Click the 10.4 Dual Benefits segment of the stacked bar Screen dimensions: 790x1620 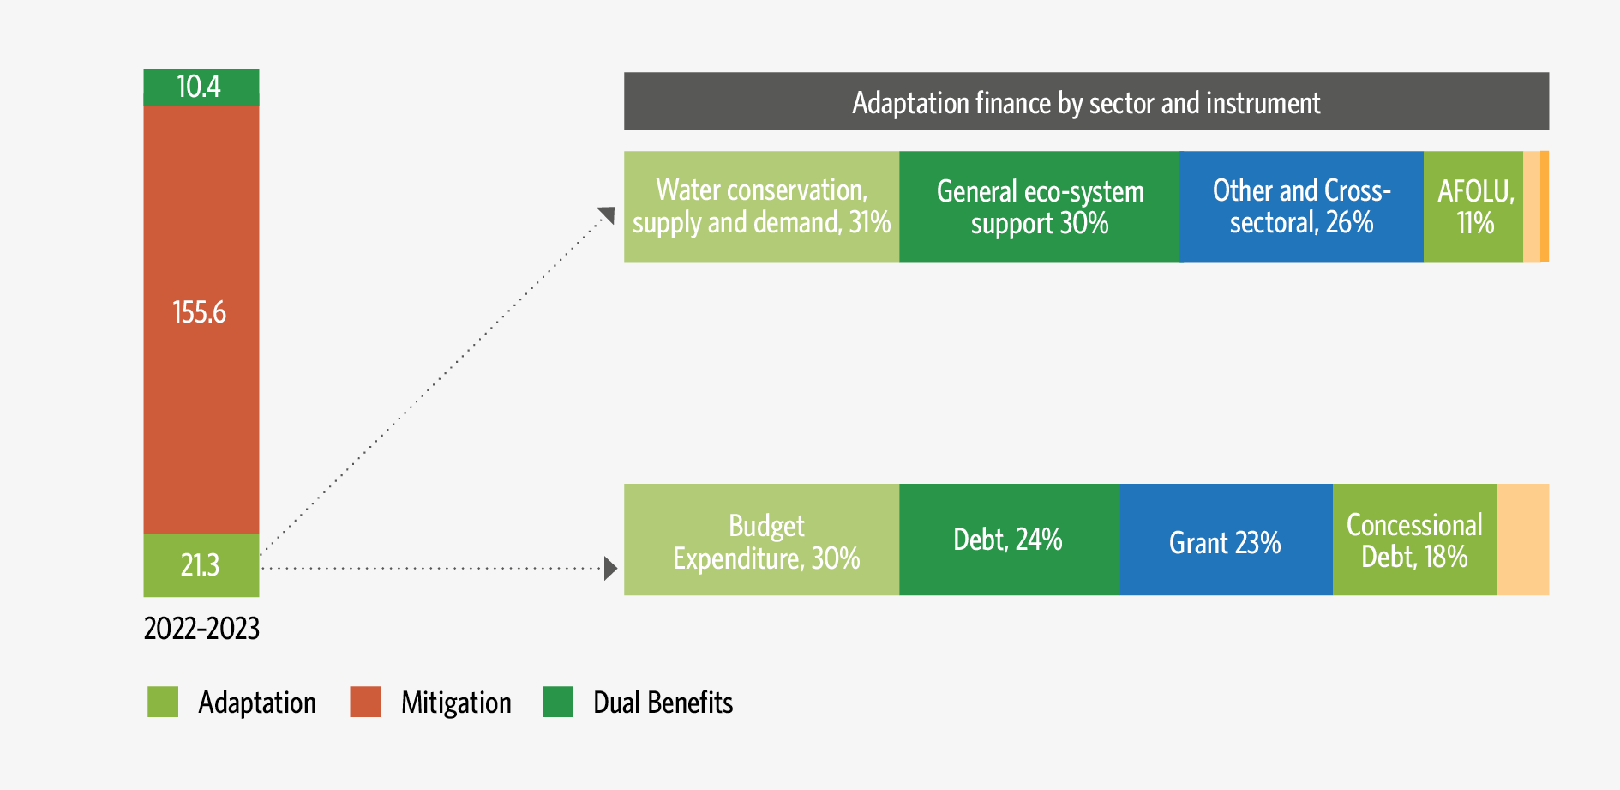pyautogui.click(x=201, y=87)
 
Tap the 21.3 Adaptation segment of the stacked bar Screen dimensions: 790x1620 pyautogui.click(x=201, y=565)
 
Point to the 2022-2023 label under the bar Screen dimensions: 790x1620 pyautogui.click(x=201, y=629)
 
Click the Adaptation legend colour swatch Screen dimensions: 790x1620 pyautogui.click(x=163, y=702)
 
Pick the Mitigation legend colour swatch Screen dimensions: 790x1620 pyautogui.click(x=365, y=702)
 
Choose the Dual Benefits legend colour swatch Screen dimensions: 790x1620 pyautogui.click(x=558, y=702)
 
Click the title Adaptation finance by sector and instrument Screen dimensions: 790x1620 pyautogui.click(x=1086, y=102)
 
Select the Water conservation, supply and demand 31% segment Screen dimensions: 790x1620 pyautogui.click(x=761, y=207)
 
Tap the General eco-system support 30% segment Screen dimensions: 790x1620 pyautogui.click(x=1039, y=207)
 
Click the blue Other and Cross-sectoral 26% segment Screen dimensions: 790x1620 pyautogui.click(x=1301, y=207)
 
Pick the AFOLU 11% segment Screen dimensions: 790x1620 pyautogui.click(x=1473, y=207)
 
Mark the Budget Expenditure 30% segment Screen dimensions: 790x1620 pyautogui.click(x=761, y=540)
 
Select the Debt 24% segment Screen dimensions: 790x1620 pyautogui.click(x=1009, y=540)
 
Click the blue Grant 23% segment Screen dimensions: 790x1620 pyautogui.click(x=1226, y=540)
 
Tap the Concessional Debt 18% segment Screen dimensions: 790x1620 pyautogui.click(x=1414, y=540)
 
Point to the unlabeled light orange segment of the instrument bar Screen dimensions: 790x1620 pyautogui.click(x=1523, y=540)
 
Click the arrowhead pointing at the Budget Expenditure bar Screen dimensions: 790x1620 pyautogui.click(x=609, y=568)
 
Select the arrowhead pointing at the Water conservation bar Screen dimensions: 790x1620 pyautogui.click(x=607, y=214)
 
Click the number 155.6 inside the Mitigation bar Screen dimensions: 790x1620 pyautogui.click(x=200, y=312)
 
